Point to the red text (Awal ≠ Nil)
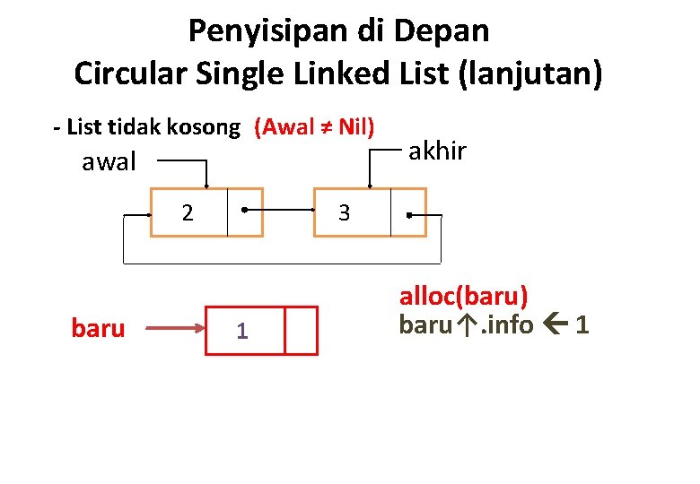tap(314, 127)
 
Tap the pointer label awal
tap(109, 162)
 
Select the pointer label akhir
tap(438, 151)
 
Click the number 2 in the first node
tap(188, 213)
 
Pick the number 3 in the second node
tap(343, 213)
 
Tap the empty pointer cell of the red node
tap(302, 331)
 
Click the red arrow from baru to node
tap(176, 329)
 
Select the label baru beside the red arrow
tap(98, 329)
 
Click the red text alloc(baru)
tap(463, 297)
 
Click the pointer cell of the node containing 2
tap(245, 212)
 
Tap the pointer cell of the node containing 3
tap(408, 213)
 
